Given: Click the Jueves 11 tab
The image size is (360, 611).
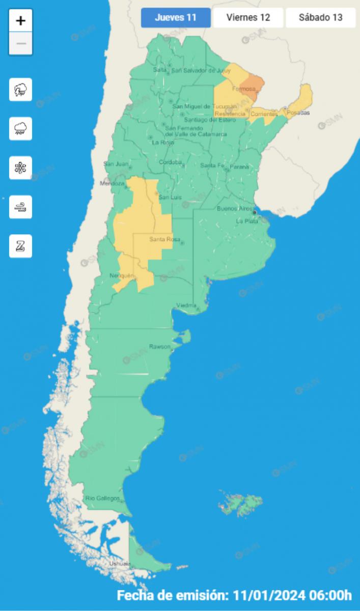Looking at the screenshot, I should point(176,17).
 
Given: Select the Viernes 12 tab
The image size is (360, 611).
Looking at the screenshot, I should point(248,17).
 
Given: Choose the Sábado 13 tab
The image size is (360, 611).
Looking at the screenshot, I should point(320,17).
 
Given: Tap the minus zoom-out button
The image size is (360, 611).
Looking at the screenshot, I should point(21,43).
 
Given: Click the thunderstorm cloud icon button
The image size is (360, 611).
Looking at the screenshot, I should point(21,90).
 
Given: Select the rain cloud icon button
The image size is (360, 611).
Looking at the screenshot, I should point(21,128).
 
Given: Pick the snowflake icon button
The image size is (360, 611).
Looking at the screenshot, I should point(21,168).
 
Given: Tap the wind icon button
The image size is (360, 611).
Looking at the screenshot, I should point(21,207).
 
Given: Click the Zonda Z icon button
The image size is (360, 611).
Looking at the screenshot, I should point(21,246).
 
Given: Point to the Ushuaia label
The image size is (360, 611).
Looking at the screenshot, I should point(120,564).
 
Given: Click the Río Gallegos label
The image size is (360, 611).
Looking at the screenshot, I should point(102,497).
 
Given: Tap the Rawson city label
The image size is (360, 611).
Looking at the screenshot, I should point(159,346).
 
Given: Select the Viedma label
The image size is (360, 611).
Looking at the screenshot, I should point(186,305).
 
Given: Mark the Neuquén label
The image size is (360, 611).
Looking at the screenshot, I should point(122,275).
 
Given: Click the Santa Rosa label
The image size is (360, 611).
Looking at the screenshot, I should point(162,239).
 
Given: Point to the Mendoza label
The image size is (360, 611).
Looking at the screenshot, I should point(112,183).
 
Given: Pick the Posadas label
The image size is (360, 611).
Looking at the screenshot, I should point(298,113).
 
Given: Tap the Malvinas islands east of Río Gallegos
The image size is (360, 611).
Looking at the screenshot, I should point(241,503).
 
